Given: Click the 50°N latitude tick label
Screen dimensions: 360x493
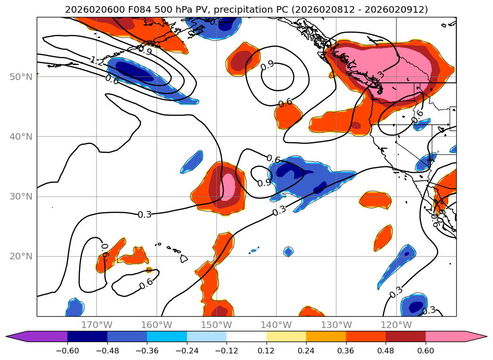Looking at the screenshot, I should click(x=21, y=77).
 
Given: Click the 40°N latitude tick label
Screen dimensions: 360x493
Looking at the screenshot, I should click(x=21, y=136).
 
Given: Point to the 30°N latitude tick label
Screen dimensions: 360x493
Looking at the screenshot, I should click(x=21, y=196).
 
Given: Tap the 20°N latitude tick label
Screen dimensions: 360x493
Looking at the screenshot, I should click(x=21, y=256).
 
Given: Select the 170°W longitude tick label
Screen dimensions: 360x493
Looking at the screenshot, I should click(x=97, y=325).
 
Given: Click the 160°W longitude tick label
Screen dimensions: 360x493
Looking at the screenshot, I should click(x=156, y=325).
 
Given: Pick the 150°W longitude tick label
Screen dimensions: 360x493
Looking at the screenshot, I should click(x=217, y=325).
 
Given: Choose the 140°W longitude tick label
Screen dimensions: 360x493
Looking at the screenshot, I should click(x=276, y=325).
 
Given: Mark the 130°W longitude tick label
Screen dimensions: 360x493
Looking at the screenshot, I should click(x=336, y=325).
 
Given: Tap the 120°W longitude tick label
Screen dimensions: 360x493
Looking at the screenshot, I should click(x=396, y=325).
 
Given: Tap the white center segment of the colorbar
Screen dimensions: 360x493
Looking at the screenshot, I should click(x=246, y=336).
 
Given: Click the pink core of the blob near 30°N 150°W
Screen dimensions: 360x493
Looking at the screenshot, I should click(x=229, y=185).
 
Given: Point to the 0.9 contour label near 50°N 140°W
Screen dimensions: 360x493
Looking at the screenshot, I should click(x=267, y=65).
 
